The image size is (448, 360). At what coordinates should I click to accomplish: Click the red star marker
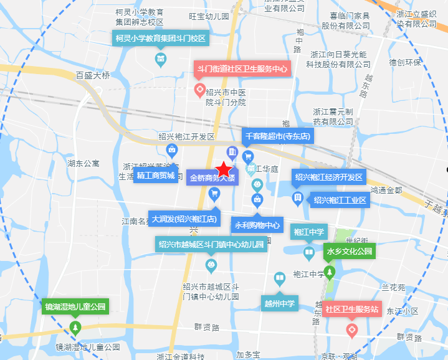224,168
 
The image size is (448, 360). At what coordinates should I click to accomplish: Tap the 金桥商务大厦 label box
212,178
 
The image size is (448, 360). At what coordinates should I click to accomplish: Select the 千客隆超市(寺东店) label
278,136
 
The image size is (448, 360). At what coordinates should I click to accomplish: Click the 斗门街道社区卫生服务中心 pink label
242,69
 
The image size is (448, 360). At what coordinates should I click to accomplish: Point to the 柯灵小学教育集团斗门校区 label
160,38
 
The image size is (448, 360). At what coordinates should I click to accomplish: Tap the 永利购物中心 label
257,225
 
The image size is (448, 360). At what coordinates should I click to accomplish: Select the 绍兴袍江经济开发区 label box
329,177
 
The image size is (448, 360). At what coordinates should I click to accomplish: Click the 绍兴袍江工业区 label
340,200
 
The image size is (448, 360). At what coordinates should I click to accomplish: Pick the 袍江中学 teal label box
308,232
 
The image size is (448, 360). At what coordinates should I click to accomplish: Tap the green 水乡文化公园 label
349,252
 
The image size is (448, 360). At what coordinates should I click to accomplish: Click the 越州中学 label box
280,304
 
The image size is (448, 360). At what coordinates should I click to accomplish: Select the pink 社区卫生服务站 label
352,308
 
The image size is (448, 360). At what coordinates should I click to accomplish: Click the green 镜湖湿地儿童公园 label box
75,306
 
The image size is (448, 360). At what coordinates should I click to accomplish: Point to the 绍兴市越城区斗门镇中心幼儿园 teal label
212,244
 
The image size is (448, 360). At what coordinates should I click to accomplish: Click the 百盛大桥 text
92,75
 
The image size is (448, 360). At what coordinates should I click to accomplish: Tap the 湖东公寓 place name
83,164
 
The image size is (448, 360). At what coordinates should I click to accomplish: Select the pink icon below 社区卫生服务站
352,329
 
